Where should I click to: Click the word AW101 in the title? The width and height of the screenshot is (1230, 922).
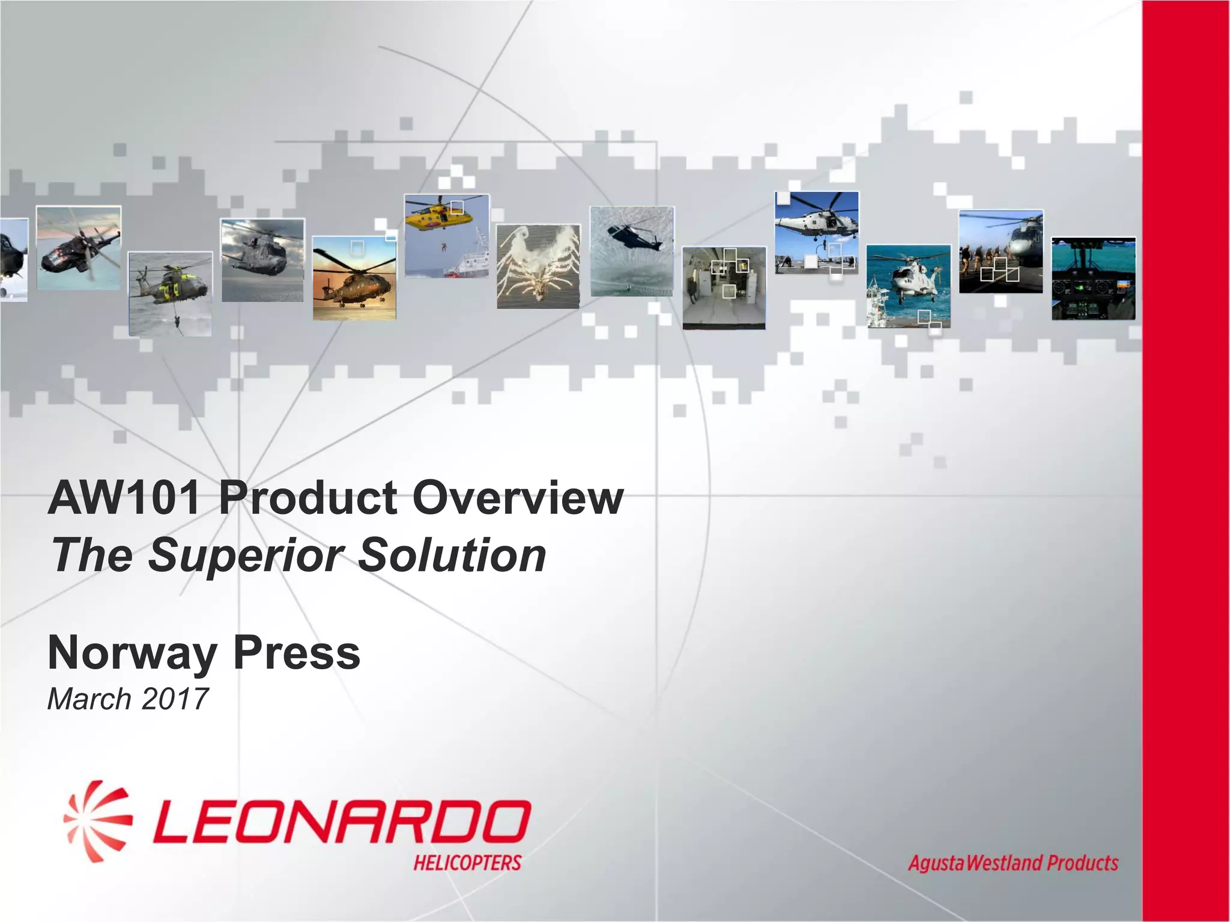[124, 498]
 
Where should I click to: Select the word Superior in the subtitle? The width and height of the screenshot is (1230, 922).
[246, 555]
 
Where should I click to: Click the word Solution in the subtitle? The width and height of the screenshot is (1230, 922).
[452, 555]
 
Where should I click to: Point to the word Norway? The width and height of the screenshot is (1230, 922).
[132, 653]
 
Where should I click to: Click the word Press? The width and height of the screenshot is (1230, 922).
[297, 653]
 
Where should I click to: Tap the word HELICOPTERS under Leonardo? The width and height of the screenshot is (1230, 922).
[467, 863]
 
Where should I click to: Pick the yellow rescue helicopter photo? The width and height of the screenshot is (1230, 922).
[447, 235]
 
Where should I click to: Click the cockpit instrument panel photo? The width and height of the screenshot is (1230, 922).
[1093, 279]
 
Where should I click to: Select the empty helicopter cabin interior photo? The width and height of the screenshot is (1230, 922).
[724, 288]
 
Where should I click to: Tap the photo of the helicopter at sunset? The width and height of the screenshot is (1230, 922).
[354, 278]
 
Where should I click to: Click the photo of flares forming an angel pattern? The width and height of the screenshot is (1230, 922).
[538, 267]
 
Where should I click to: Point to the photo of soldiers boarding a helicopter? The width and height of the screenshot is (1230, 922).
[1001, 252]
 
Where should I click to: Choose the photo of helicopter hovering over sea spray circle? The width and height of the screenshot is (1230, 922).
[632, 252]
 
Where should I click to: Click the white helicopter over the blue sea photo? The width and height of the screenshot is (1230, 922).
[908, 286]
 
